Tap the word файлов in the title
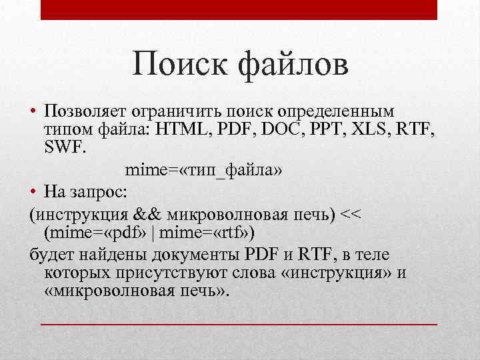point(291,66)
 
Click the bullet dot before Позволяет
point(33,110)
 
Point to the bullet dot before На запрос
point(33,193)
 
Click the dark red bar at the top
point(239,9)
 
